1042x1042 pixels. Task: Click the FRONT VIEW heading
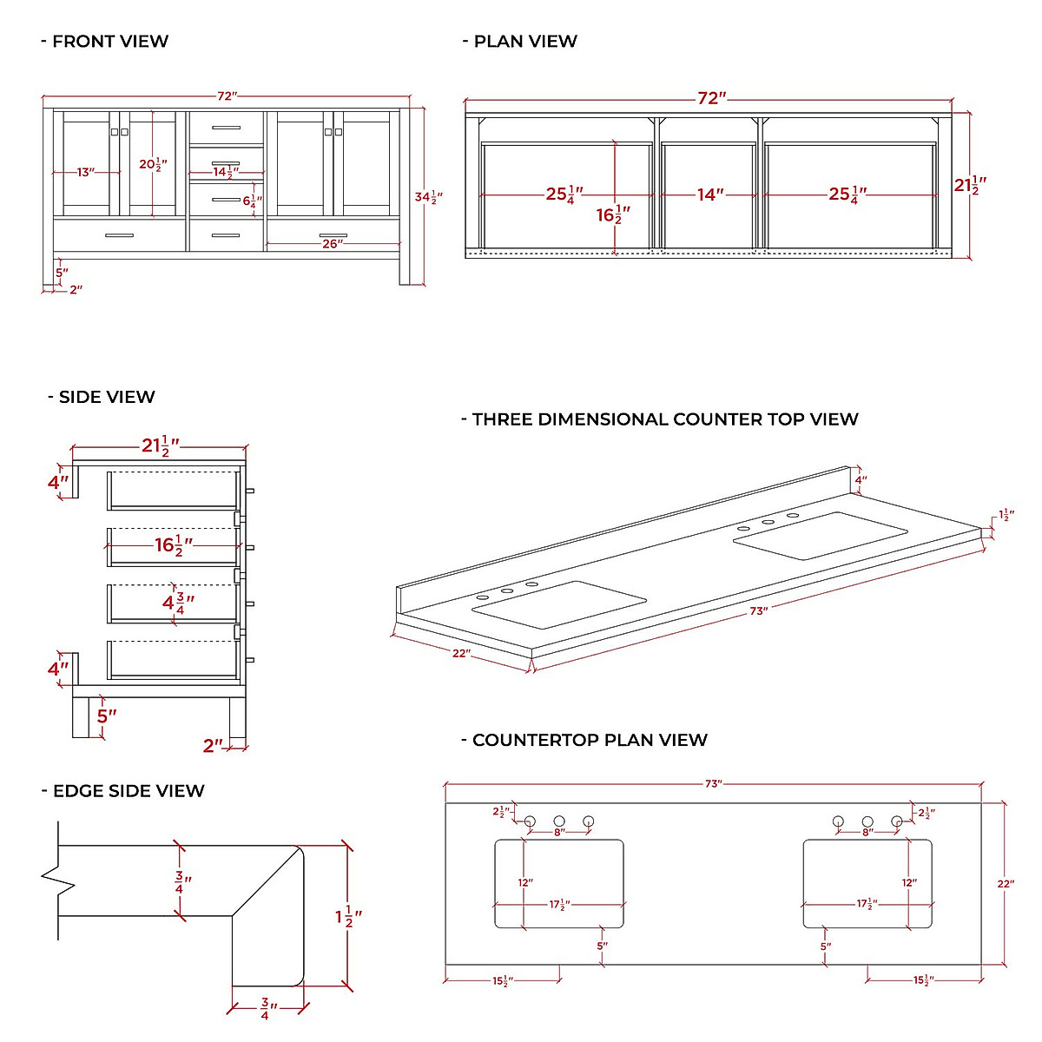tap(109, 41)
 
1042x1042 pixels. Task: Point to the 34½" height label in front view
tap(427, 197)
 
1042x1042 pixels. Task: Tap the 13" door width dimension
tap(84, 173)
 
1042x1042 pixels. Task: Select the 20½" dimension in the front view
tap(153, 164)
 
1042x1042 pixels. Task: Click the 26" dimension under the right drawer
tap(332, 244)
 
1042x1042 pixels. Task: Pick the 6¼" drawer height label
tap(252, 201)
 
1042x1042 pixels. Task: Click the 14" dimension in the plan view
tap(709, 195)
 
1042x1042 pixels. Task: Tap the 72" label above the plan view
tap(711, 98)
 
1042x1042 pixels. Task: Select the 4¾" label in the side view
tap(178, 601)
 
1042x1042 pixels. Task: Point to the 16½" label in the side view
tap(173, 545)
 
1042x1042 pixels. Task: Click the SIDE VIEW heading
tap(106, 397)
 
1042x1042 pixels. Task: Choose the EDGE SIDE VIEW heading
tap(129, 791)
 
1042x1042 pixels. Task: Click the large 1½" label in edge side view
tap(348, 916)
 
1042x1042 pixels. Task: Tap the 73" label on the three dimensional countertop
tap(758, 611)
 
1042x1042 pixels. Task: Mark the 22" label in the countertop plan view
tap(1005, 884)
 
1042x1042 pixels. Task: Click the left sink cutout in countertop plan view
tap(559, 883)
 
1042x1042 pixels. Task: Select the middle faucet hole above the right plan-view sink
tap(867, 821)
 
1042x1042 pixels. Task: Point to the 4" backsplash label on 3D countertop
tap(860, 480)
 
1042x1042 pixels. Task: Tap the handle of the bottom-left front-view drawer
tap(119, 235)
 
